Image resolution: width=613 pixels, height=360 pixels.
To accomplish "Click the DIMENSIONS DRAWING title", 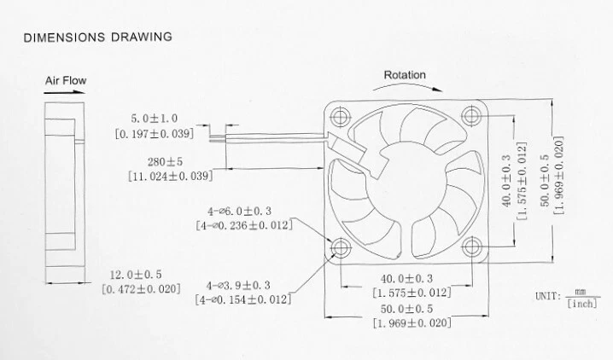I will (97, 37).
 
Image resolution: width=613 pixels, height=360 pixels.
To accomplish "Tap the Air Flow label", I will (65, 81).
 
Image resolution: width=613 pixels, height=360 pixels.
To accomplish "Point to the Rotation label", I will (405, 75).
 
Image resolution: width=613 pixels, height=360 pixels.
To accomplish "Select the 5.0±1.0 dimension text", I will (155, 118).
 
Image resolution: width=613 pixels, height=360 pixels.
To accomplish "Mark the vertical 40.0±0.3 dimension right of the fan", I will (506, 183).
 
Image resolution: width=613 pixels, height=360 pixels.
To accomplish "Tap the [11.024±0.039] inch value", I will (169, 176).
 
